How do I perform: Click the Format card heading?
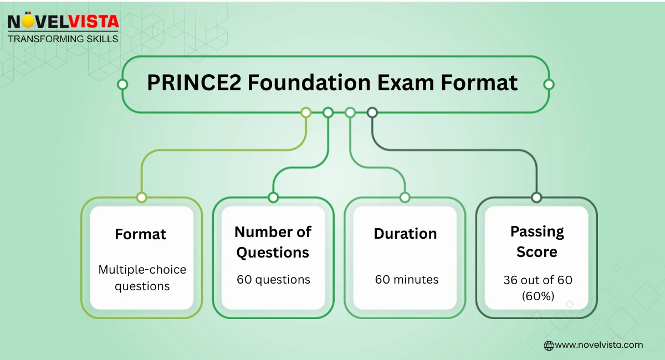141,234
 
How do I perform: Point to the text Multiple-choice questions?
142,278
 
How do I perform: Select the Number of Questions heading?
273,242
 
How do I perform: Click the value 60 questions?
273,280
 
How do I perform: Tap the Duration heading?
405,234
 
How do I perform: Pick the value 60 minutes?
406,280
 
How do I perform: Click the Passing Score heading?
536,241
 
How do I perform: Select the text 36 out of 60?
537,280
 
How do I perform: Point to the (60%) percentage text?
537,296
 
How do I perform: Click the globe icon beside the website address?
549,345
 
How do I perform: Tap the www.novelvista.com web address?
599,345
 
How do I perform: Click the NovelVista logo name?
63,22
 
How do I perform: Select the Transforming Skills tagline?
63,39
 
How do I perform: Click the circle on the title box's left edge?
122,85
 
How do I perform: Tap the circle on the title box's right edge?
549,85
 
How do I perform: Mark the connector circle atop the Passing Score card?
536,197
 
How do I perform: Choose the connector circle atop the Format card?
141,197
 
